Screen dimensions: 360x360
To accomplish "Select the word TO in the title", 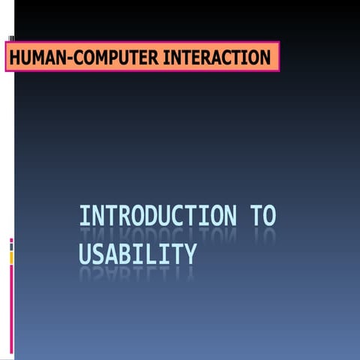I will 263,216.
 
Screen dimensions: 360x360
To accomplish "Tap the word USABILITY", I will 137,254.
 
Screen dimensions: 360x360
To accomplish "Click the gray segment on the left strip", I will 11,247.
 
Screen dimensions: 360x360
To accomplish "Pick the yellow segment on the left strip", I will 11,257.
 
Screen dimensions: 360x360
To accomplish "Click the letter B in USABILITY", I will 124,254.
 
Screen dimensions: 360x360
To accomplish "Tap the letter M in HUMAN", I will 38,57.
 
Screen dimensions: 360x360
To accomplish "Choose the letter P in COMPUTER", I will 101,57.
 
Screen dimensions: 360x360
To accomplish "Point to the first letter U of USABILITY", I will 85,254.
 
